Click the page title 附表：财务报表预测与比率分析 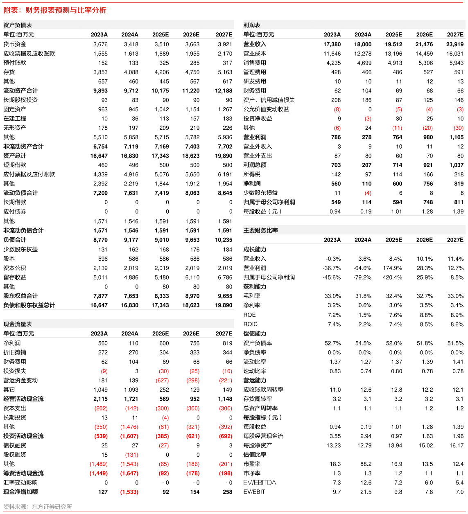pos(55,10)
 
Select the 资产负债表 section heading pos(18,25)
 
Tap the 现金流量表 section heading pos(18,324)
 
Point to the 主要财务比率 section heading pos(260,230)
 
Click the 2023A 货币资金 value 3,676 pos(101,44)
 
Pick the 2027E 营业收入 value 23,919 pos(455,44)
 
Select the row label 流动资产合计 pos(20,90)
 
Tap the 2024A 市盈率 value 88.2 pos(366,464)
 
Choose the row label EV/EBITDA pos(260,482)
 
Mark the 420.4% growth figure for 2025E pos(392,277)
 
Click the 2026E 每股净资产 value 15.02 pos(426,445)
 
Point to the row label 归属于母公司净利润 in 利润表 pos(269,202)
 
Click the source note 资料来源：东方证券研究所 pos(38,507)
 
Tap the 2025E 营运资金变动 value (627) pos(162,380)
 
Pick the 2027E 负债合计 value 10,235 pos(224,240)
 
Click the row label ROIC pos(251,324)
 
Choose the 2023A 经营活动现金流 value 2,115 pos(101,399)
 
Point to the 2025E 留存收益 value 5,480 pos(162,277)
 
